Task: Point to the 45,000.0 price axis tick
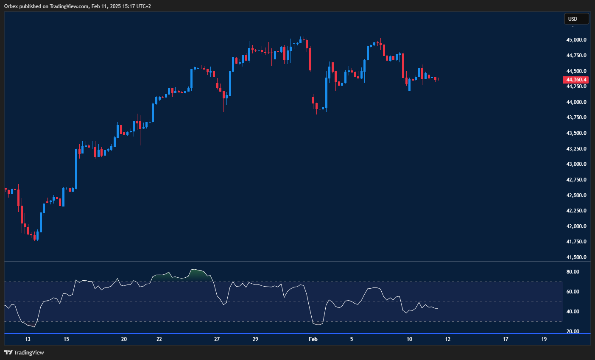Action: (x=577, y=40)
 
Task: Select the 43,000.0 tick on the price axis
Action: (x=577, y=164)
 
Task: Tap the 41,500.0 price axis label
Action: (x=577, y=257)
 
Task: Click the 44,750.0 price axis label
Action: (x=577, y=56)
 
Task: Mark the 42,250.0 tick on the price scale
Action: (x=577, y=211)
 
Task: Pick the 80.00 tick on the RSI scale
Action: (x=573, y=272)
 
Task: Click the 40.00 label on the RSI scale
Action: (x=573, y=312)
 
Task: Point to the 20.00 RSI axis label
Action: (x=573, y=332)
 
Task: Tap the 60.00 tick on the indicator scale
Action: (x=573, y=292)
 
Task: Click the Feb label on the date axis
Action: (x=313, y=339)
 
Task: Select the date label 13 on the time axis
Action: (x=28, y=339)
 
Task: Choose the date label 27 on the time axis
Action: (x=217, y=339)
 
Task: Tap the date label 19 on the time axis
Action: (x=544, y=339)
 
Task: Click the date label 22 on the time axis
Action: (x=159, y=339)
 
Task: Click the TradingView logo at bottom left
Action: (x=24, y=353)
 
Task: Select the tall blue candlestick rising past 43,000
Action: (x=76, y=169)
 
